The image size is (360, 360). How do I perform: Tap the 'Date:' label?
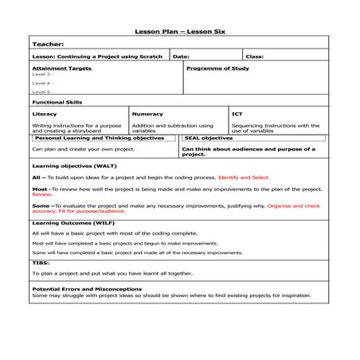coord(181,57)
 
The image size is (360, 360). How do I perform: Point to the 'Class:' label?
coord(255,57)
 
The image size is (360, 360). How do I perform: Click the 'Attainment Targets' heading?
coord(62,68)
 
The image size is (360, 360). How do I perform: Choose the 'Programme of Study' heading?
coord(217,68)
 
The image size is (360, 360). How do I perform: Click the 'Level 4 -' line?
coord(43,83)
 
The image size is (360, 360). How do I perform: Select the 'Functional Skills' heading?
coord(57,103)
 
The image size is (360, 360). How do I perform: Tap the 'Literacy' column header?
coord(45,115)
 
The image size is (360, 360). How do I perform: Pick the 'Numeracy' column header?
coord(147,115)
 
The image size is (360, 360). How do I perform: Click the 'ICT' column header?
coord(237,115)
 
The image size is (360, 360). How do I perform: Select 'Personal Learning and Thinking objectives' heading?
coord(100,138)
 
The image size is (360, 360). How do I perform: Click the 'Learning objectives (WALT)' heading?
coord(75,165)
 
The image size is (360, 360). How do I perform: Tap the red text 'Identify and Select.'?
coord(244,178)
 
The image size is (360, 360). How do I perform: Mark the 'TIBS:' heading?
coord(41,262)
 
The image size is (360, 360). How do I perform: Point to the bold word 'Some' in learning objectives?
coord(41,205)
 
